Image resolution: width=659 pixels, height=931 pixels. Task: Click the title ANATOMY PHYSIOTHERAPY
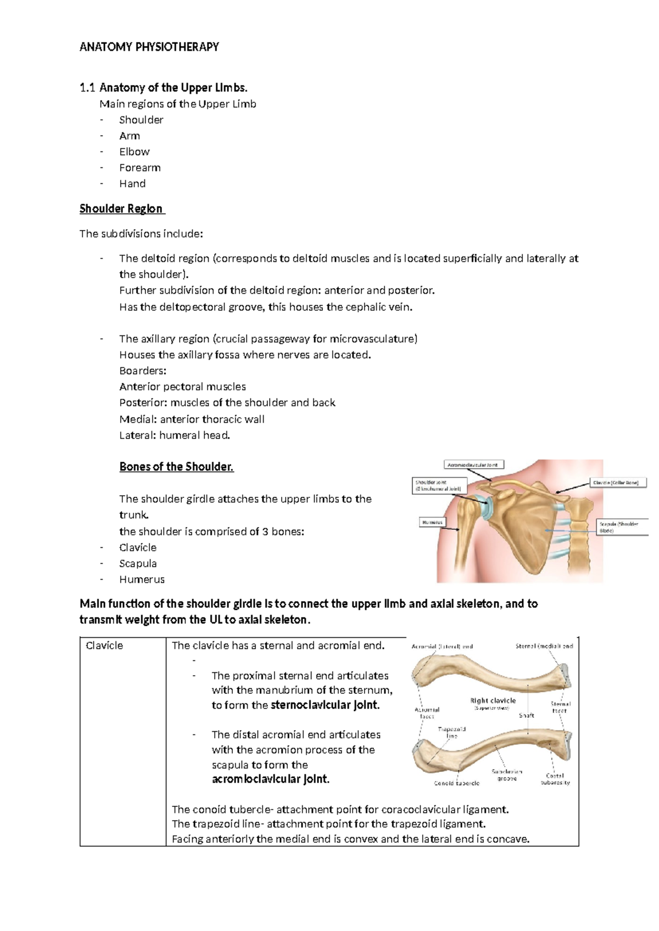[x=149, y=47]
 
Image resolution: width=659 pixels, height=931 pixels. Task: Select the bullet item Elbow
[x=134, y=152]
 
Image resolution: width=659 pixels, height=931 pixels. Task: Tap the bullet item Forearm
[x=139, y=167]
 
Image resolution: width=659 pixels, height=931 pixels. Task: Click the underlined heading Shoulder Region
[x=121, y=209]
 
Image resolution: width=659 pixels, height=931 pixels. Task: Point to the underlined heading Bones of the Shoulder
[x=176, y=467]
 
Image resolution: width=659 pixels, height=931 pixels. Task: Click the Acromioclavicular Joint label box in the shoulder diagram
[x=473, y=465]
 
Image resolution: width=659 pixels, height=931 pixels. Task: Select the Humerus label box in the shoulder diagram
[x=432, y=522]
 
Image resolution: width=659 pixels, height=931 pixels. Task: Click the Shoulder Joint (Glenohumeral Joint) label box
[x=439, y=485]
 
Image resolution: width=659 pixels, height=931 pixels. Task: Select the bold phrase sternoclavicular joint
[x=325, y=705]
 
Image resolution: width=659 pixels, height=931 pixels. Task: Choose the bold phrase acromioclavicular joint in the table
[x=271, y=779]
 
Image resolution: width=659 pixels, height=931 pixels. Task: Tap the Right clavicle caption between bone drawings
[x=493, y=701]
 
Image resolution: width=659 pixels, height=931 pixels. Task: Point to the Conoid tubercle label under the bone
[x=456, y=783]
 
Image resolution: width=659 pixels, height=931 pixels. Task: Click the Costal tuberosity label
[x=555, y=779]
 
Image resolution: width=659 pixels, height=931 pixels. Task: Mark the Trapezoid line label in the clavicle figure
[x=451, y=732]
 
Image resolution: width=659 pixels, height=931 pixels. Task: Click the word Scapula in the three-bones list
[x=138, y=563]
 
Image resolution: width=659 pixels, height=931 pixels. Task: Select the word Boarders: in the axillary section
[x=143, y=371]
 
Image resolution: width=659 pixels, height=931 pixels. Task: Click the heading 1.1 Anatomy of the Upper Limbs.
[x=164, y=87]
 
